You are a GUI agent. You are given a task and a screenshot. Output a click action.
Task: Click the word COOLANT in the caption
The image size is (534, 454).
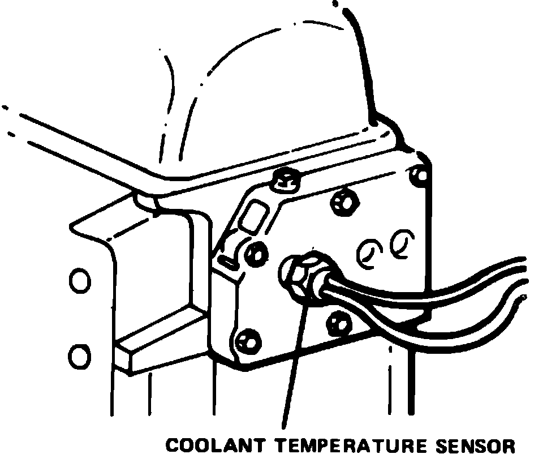click(x=209, y=444)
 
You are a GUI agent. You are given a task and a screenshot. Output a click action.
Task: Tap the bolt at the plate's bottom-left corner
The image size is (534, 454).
click(x=245, y=341)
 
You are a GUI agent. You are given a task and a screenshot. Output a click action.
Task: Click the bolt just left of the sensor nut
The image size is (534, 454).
click(x=256, y=252)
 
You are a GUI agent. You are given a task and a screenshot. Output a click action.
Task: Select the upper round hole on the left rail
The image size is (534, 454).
click(x=79, y=280)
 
